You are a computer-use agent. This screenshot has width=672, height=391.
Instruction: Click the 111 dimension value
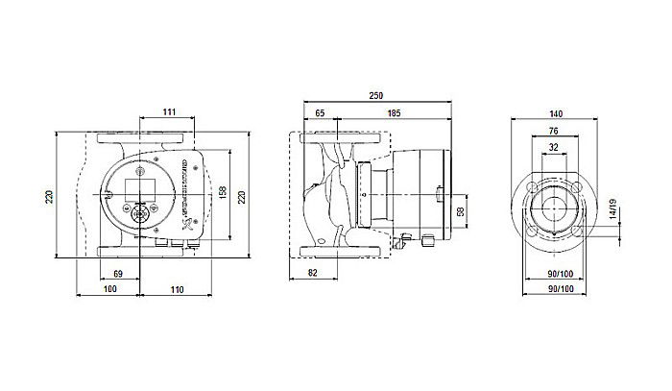tap(168, 114)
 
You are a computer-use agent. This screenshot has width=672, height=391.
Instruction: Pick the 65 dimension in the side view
tap(320, 114)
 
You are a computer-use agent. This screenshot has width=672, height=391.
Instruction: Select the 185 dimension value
tap(394, 114)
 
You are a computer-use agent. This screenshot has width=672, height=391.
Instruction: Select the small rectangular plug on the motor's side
tap(439, 199)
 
